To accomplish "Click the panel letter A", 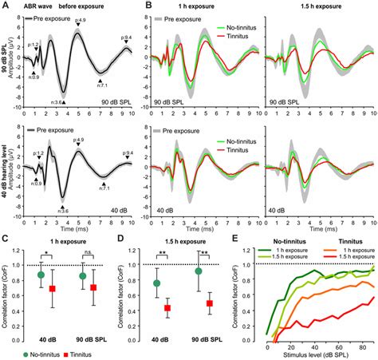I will coord(5,6).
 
